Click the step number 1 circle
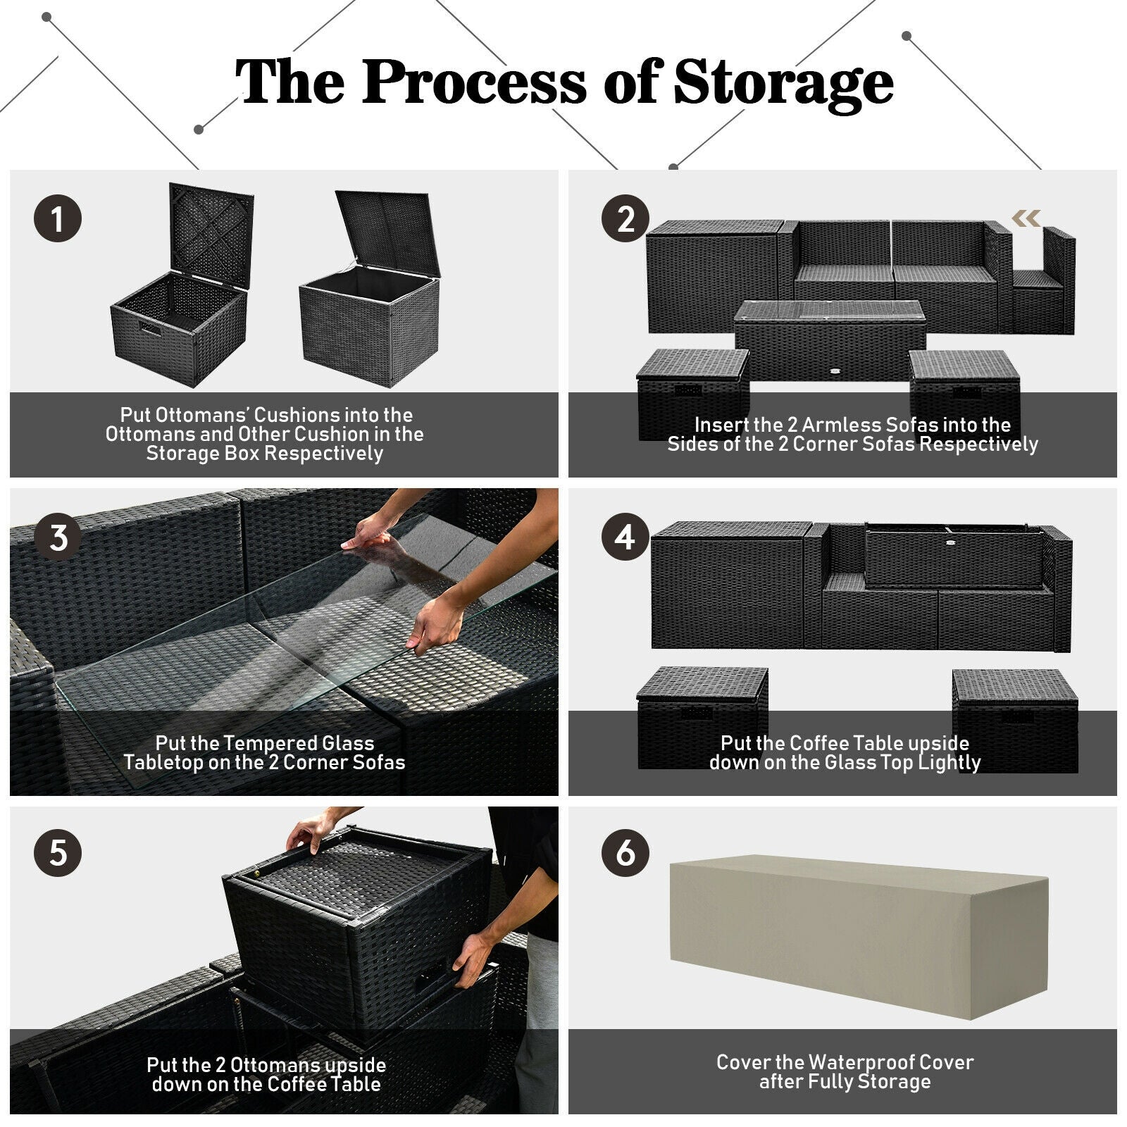coord(58,218)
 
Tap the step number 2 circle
coord(625,218)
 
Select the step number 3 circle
coord(58,537)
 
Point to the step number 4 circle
coord(625,537)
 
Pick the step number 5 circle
coord(58,853)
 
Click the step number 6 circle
coord(625,853)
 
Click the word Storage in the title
coord(783,83)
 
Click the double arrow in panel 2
coord(1026,218)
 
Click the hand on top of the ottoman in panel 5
coord(311,833)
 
